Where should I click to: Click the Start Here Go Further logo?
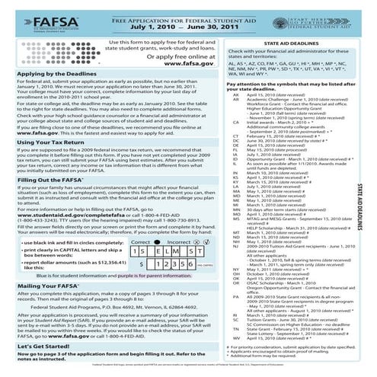[339, 17]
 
